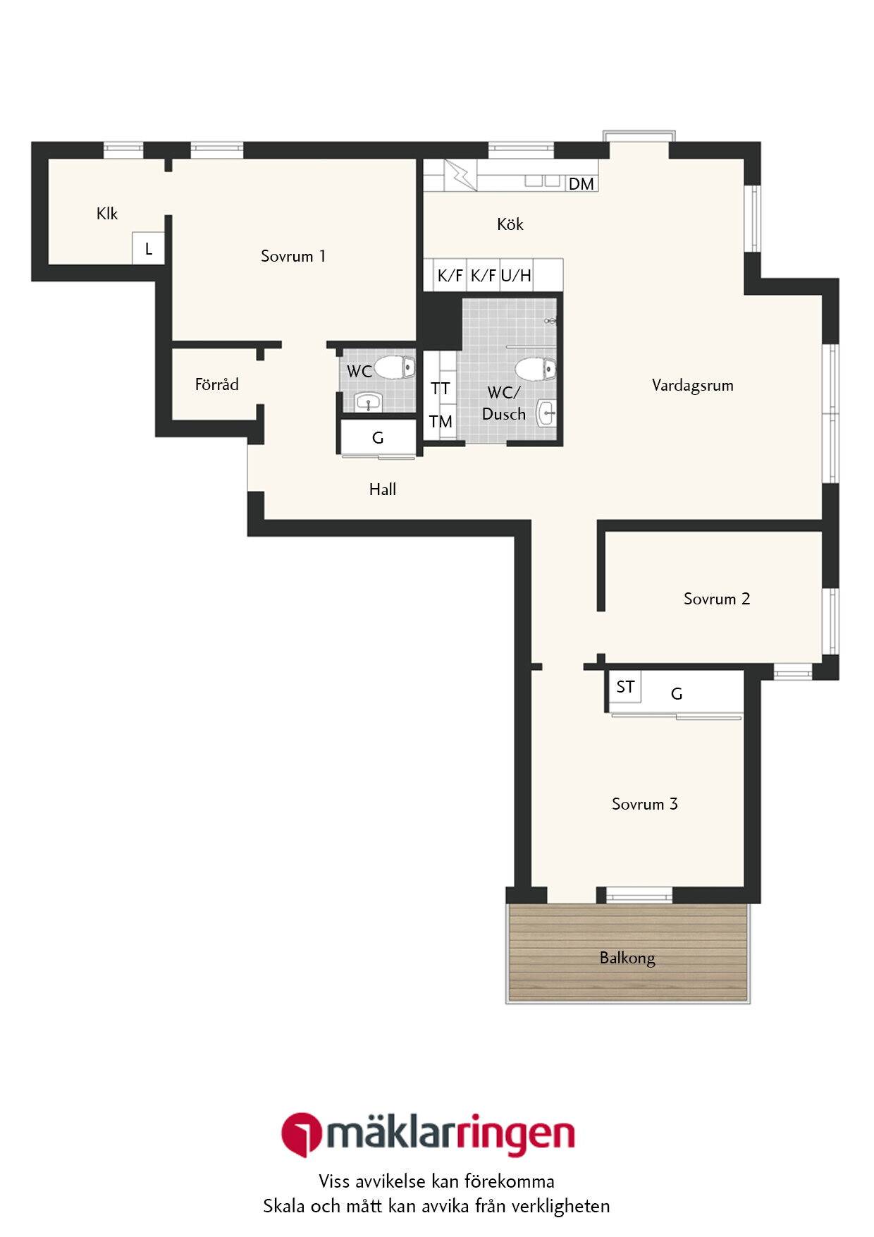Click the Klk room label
point(107,213)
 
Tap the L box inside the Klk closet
point(149,248)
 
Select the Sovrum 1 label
point(293,255)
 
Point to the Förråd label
point(217,384)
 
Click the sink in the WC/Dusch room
point(546,413)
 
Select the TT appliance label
point(441,389)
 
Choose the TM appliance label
point(441,422)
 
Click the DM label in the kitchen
point(581,184)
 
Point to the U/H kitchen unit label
point(516,275)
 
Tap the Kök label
point(510,224)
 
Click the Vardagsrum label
point(693,385)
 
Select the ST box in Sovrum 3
point(624,687)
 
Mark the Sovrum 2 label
point(717,599)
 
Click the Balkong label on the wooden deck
point(627,958)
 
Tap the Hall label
point(383,489)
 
